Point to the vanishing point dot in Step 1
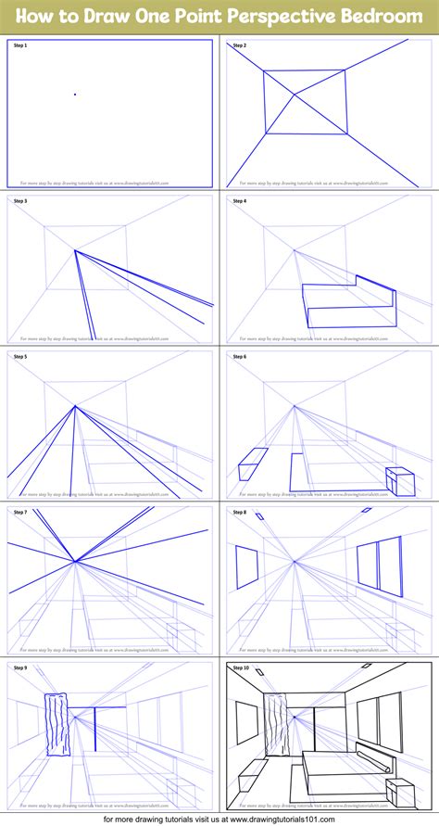coord(75,94)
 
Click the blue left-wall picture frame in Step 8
coord(246,567)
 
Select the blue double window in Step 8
coord(380,566)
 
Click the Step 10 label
coord(242,667)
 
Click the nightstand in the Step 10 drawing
coord(399,794)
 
